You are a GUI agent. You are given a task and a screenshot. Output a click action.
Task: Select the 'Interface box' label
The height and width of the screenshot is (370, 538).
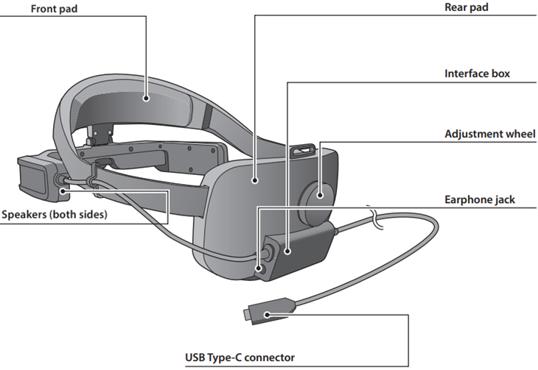pyautogui.click(x=477, y=74)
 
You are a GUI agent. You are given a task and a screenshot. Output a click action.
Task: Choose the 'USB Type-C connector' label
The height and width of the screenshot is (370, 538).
pyautogui.click(x=240, y=359)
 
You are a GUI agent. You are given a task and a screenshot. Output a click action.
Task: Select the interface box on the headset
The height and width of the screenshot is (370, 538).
pyautogui.click(x=295, y=250)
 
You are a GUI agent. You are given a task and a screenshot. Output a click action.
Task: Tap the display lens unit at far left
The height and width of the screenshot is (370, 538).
pyautogui.click(x=33, y=177)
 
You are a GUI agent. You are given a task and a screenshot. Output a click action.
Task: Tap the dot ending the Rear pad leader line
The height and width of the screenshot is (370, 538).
pyautogui.click(x=254, y=179)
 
